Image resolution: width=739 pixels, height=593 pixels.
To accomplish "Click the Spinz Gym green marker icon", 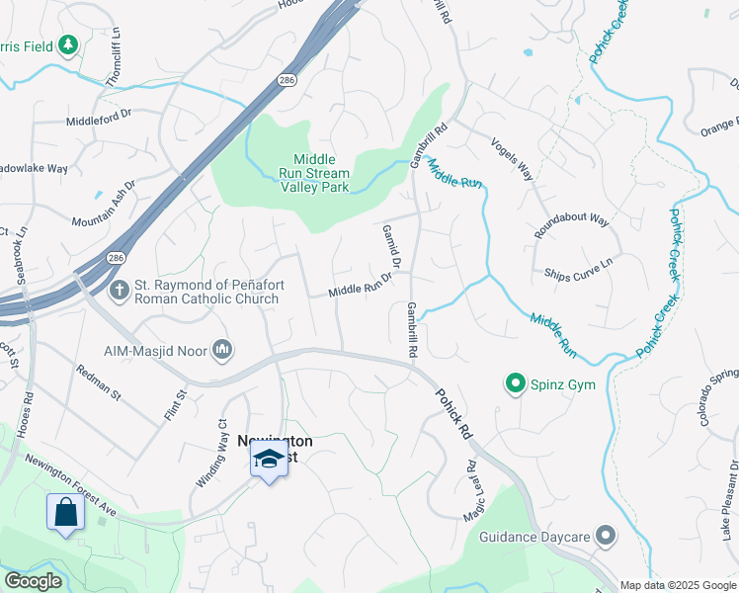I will tap(514, 383).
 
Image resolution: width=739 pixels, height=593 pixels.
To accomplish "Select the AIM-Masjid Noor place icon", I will tap(222, 349).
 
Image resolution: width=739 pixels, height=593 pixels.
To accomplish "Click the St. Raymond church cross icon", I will tap(119, 291).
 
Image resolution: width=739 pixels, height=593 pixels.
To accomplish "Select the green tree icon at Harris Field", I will tap(67, 45).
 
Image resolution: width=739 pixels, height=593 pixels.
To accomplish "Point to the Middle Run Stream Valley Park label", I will tap(314, 173).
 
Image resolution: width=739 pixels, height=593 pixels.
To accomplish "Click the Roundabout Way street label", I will tap(571, 226).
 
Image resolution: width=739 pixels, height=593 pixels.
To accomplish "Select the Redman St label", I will tap(98, 381).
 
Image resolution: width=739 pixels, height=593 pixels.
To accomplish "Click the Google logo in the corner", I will tap(33, 581).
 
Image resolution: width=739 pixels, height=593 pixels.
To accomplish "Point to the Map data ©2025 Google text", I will tap(678, 585).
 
